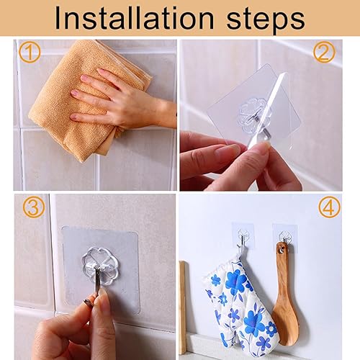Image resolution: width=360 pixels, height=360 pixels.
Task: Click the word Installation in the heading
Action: [134, 19]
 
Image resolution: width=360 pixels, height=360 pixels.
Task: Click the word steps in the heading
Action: [266, 21]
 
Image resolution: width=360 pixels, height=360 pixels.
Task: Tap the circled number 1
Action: [30, 52]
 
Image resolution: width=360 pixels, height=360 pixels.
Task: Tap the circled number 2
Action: [324, 52]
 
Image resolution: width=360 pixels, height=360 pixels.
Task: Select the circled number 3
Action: [34, 207]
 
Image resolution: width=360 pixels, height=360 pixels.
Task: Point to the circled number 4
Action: [330, 207]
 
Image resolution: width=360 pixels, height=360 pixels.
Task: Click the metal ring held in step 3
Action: [89, 302]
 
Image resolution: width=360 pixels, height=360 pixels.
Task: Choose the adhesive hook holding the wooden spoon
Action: [285, 237]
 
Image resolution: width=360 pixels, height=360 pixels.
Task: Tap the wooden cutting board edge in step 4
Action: [182, 307]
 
